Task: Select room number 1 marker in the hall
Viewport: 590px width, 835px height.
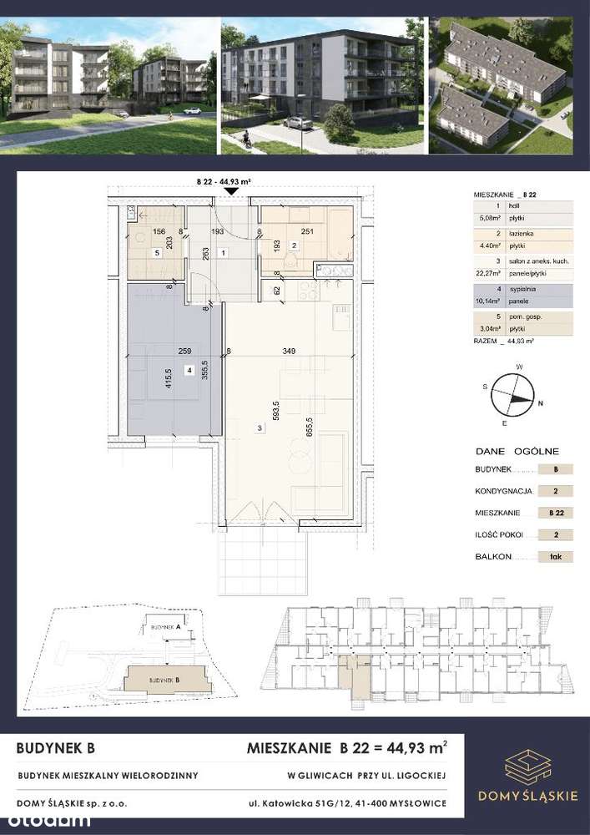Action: (x=223, y=252)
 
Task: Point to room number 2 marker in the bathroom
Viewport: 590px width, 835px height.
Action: (x=294, y=245)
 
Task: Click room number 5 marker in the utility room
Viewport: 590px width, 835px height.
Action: (x=156, y=252)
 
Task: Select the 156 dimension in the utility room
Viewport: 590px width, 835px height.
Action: (x=159, y=231)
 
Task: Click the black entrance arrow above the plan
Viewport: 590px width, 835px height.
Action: (x=231, y=192)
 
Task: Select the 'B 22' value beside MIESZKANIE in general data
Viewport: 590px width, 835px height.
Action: (x=554, y=513)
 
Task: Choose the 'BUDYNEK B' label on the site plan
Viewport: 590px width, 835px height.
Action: (x=165, y=681)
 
